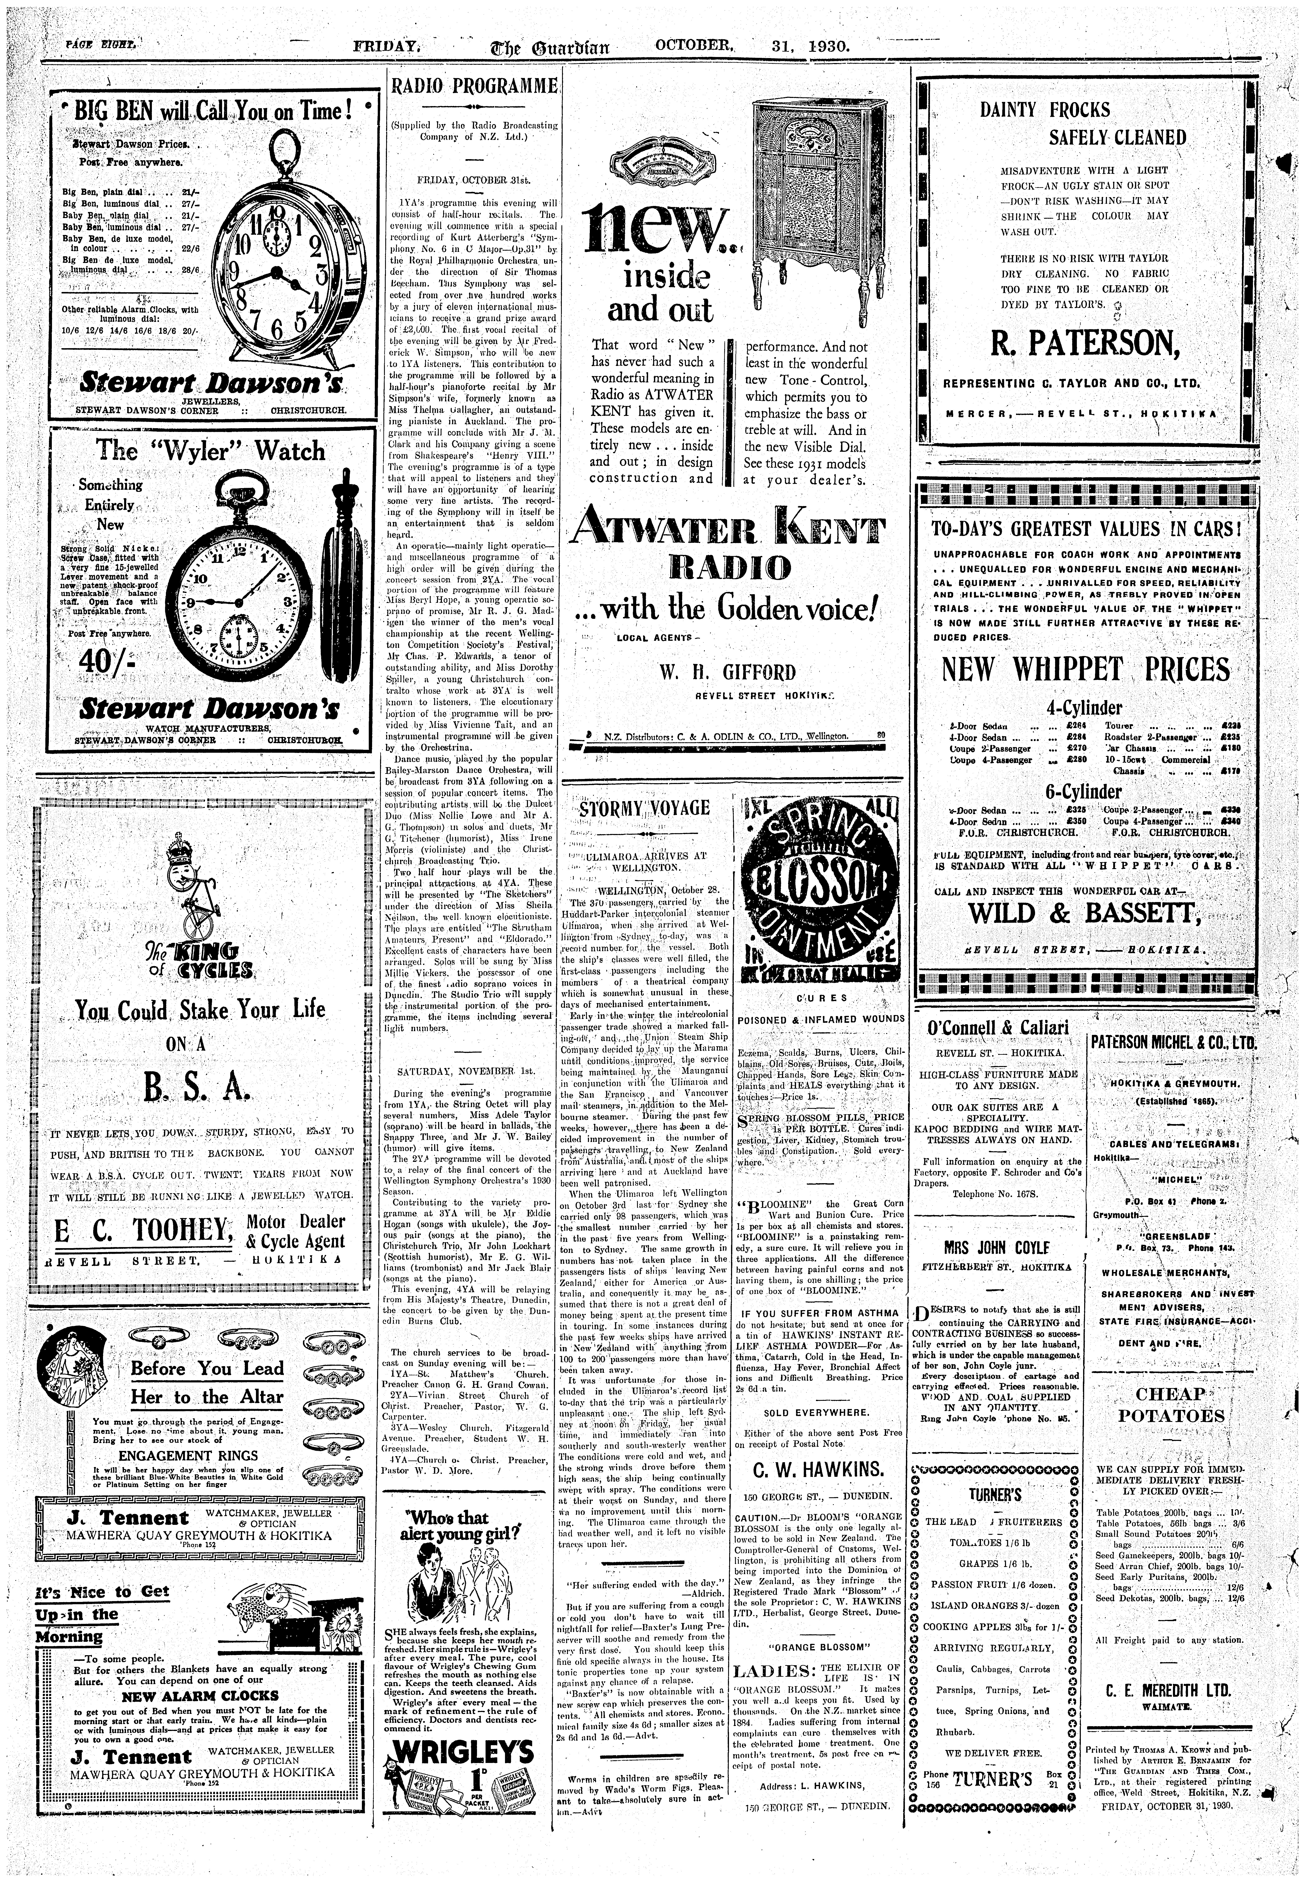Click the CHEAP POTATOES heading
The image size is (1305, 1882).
pyautogui.click(x=1171, y=1405)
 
